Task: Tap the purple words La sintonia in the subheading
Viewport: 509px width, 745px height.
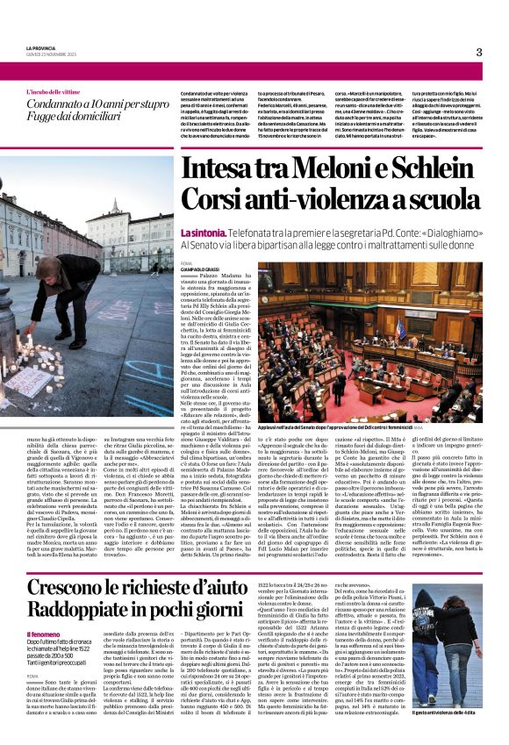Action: click(x=200, y=233)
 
